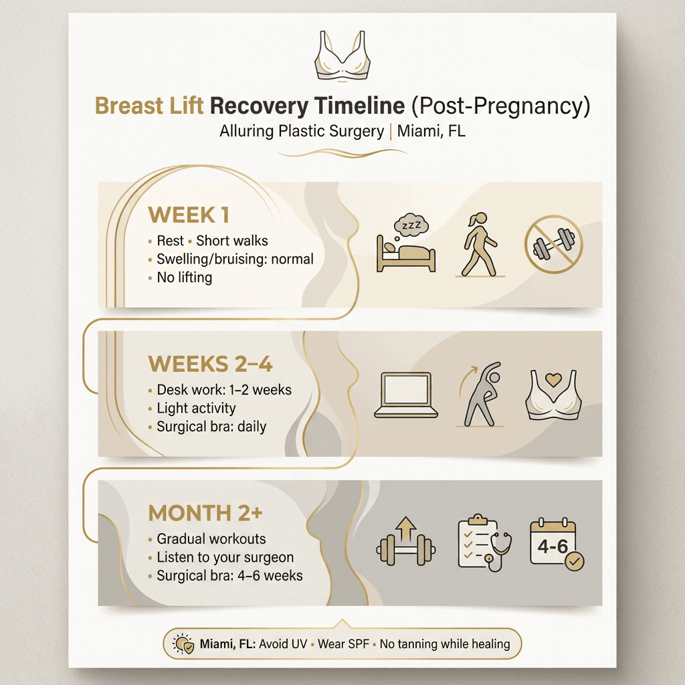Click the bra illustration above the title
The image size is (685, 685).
[x=343, y=57]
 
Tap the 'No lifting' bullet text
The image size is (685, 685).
[x=184, y=277]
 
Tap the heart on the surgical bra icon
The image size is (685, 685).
[x=554, y=379]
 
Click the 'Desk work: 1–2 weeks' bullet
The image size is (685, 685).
[x=224, y=390]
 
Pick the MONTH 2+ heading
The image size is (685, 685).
[x=205, y=513]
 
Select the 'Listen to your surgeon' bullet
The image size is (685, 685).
[x=225, y=557]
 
